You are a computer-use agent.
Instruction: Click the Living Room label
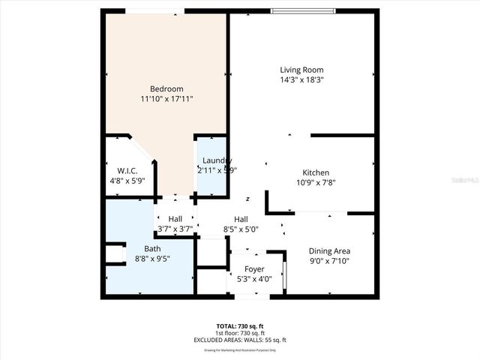click(x=301, y=70)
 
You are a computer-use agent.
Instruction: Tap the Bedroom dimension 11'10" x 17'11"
click(x=166, y=98)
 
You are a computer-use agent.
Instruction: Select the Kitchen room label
click(x=315, y=172)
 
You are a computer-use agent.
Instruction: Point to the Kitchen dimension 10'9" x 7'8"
click(x=315, y=182)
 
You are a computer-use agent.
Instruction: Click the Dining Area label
click(x=330, y=251)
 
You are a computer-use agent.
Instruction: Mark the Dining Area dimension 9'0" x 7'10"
click(x=330, y=261)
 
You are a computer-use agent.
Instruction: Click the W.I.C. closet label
click(x=126, y=170)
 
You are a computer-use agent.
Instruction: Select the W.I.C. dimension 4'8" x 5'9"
click(x=126, y=180)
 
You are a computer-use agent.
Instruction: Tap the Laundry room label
click(x=217, y=160)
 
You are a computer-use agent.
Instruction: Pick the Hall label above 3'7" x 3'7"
click(x=175, y=219)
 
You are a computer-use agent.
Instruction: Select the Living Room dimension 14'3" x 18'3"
click(x=301, y=79)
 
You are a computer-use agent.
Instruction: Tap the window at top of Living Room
click(x=302, y=10)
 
